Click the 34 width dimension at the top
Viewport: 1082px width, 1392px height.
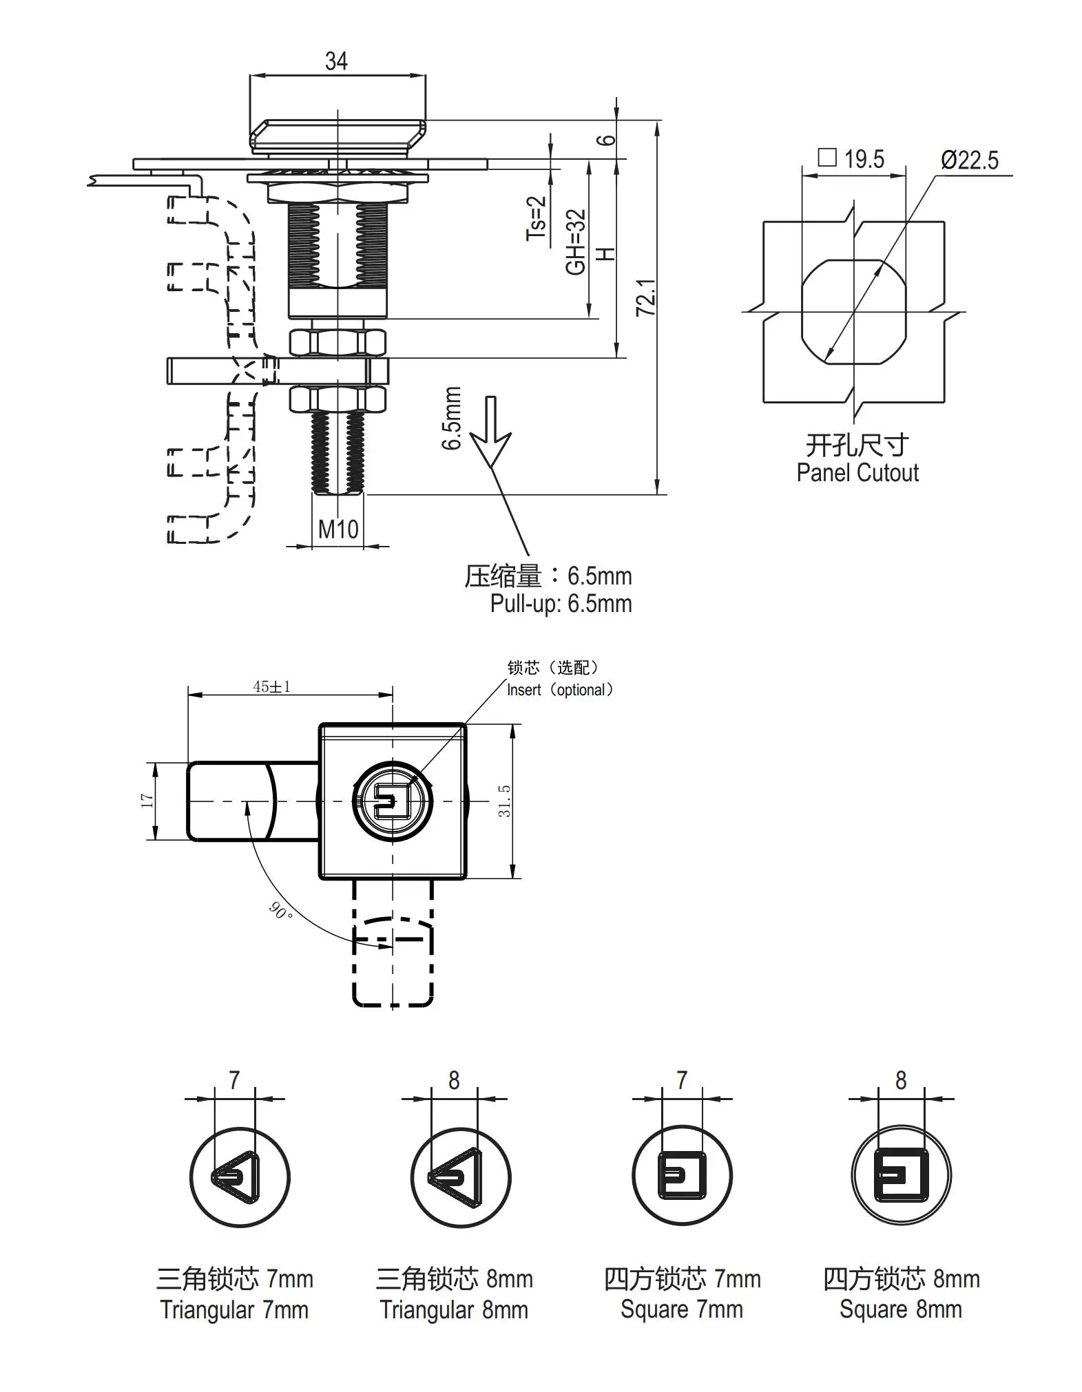pyautogui.click(x=336, y=62)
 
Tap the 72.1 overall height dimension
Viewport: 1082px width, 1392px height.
pyautogui.click(x=645, y=297)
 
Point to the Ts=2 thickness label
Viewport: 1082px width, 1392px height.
pyautogui.click(x=536, y=218)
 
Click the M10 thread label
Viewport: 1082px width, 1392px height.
pyautogui.click(x=338, y=529)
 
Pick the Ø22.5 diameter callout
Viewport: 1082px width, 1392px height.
pyautogui.click(x=969, y=160)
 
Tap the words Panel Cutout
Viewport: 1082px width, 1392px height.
pyautogui.click(x=857, y=473)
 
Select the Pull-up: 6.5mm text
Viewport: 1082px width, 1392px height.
pyautogui.click(x=561, y=604)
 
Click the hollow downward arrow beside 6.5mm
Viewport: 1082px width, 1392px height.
pyautogui.click(x=490, y=431)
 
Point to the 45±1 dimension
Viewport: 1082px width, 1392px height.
pyautogui.click(x=271, y=686)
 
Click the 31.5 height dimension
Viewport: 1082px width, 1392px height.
pyautogui.click(x=505, y=801)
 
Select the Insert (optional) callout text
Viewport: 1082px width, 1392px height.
pyautogui.click(x=559, y=690)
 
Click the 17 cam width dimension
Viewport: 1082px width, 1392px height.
pyautogui.click(x=147, y=801)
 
